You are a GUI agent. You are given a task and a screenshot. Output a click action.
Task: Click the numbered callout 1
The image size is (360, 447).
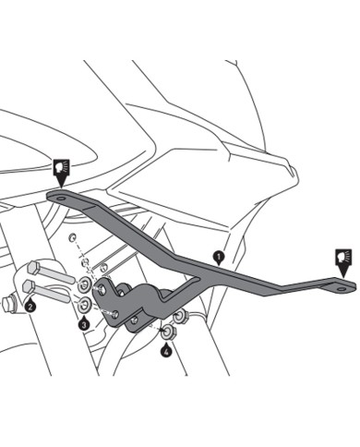[x=218, y=252]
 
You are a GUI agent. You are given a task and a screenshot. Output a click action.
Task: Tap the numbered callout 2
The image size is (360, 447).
[x=30, y=306]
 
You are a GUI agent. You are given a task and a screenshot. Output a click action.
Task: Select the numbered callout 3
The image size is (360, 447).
[x=84, y=324]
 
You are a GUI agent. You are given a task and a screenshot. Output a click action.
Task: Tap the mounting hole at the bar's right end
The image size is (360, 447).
[x=342, y=286]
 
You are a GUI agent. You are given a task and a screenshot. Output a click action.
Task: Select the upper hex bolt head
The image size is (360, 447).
[x=34, y=268]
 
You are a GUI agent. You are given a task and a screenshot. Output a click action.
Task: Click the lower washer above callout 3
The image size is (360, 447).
[x=84, y=305]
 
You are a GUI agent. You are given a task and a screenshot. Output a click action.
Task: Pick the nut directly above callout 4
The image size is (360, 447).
[x=167, y=332]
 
